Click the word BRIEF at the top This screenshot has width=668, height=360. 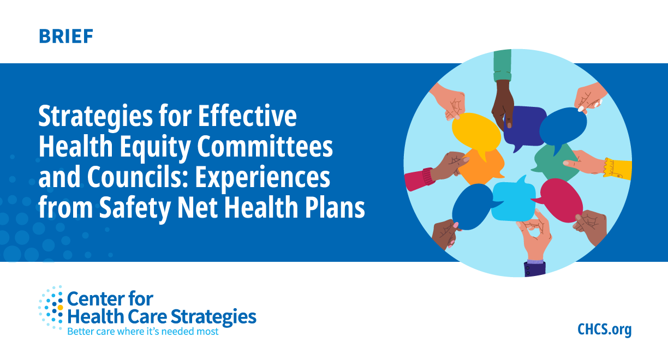point(66,37)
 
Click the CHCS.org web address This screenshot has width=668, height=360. point(604,329)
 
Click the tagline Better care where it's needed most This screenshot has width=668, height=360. point(142,331)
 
